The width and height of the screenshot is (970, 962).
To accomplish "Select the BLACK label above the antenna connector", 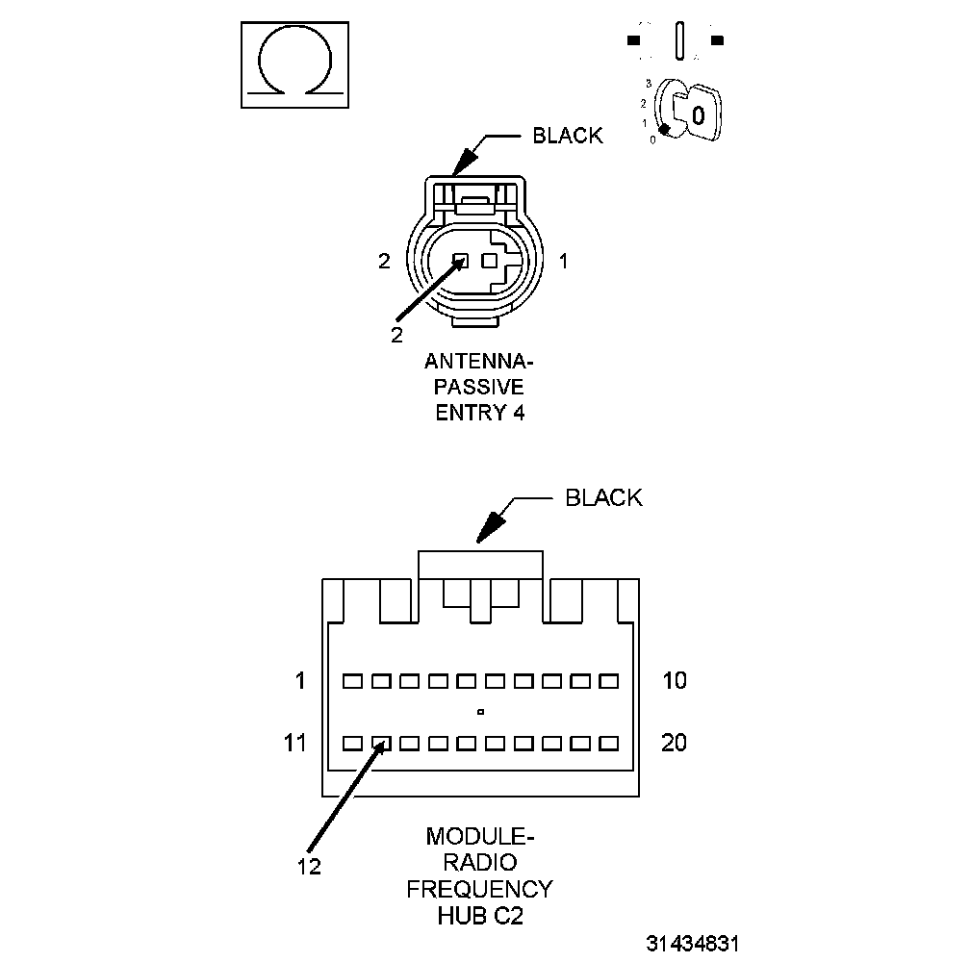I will point(568,136).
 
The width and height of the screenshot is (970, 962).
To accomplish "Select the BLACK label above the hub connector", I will point(603,497).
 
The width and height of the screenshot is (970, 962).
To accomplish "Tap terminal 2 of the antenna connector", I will point(461,260).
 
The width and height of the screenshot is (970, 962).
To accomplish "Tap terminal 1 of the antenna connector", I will point(489,260).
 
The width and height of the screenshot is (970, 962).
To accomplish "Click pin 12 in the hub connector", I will point(381,744).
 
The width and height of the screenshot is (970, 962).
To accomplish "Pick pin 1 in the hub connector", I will point(353,681).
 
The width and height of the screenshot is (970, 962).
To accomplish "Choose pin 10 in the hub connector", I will point(607,681).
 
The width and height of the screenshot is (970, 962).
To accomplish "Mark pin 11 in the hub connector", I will point(353,744).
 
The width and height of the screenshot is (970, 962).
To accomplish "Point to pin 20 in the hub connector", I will point(607,744).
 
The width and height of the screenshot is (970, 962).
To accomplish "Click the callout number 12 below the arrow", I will point(308,866).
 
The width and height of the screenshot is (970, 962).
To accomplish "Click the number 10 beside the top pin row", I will point(675,681).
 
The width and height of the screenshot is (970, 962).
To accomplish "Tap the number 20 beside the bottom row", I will point(675,744).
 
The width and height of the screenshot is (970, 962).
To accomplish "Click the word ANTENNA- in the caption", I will point(478,364).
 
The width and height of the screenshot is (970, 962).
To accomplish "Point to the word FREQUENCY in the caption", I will point(479,888).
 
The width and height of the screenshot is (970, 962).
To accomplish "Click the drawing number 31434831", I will point(693,943).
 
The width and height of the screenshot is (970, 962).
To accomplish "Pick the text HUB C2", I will point(479,916).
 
